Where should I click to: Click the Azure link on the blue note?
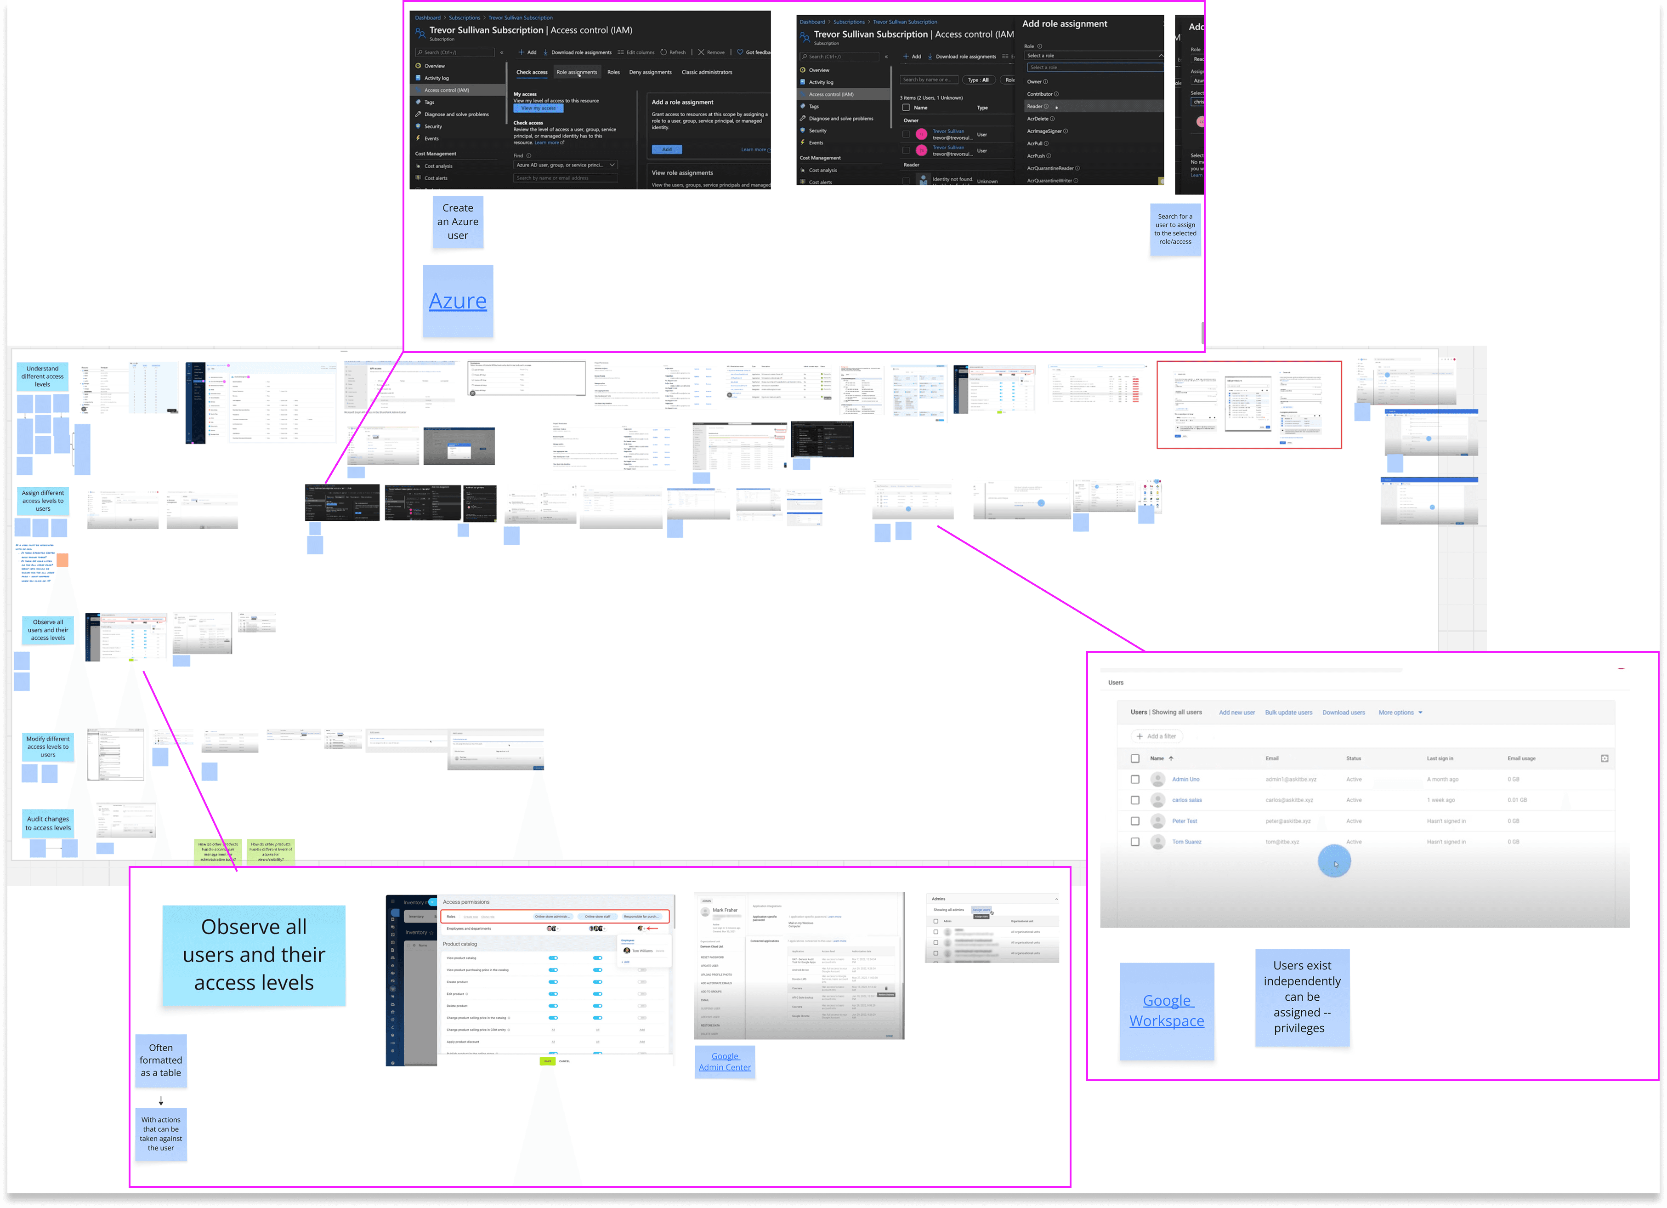(x=457, y=302)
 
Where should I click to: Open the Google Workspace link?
(x=1167, y=1010)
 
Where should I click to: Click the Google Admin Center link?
(x=725, y=1062)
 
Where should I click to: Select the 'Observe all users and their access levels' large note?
(x=254, y=954)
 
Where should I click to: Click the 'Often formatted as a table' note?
(x=161, y=1060)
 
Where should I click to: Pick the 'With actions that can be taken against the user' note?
(x=161, y=1134)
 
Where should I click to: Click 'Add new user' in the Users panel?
(x=1236, y=712)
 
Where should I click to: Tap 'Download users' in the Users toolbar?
(x=1344, y=712)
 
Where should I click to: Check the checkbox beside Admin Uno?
(x=1135, y=779)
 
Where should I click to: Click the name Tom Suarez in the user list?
(x=1186, y=842)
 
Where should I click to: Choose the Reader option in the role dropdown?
(x=1035, y=107)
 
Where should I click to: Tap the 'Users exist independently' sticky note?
(x=1302, y=997)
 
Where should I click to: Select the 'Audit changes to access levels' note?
(x=48, y=823)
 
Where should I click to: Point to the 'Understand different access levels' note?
(x=43, y=376)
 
